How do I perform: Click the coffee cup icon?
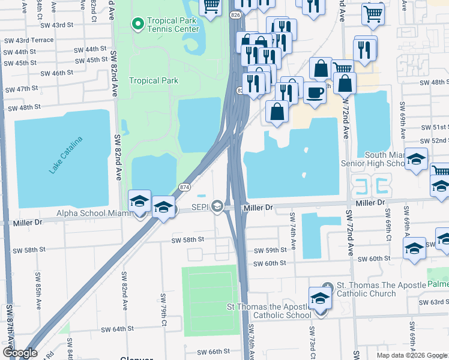[x=315, y=92]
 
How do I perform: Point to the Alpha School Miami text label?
[x=91, y=214]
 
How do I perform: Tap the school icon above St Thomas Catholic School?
[x=321, y=298]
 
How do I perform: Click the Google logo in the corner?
[x=20, y=353]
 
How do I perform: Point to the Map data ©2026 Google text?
[x=412, y=355]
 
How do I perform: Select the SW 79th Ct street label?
[x=163, y=310]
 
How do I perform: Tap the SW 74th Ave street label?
[x=293, y=230]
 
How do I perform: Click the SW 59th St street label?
[x=271, y=250]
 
